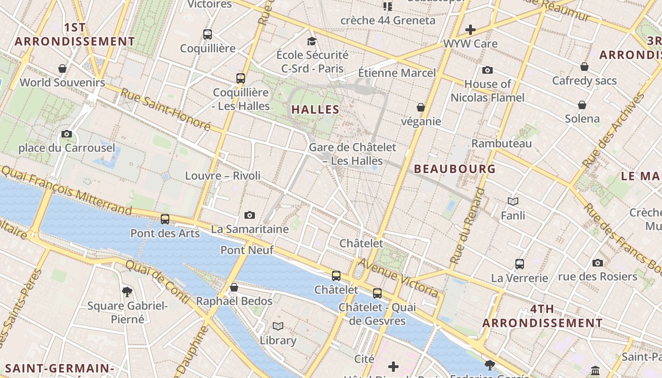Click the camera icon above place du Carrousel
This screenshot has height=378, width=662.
[x=67, y=134]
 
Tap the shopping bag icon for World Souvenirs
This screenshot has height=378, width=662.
[x=62, y=69]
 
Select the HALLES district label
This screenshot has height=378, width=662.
[x=315, y=110]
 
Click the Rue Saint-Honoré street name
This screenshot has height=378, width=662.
[x=165, y=109]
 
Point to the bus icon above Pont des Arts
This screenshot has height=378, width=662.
[x=165, y=219]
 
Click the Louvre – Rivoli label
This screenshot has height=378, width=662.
[x=223, y=176]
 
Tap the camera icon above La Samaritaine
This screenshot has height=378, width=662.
[x=250, y=215]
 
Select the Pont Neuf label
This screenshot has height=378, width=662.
[x=247, y=250]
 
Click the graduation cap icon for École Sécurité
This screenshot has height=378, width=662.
[x=312, y=41]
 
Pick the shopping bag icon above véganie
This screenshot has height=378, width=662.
[x=420, y=108]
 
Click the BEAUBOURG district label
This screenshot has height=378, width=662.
[x=455, y=169]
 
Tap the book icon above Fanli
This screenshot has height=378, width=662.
[x=513, y=202]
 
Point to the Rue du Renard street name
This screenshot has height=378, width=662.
[x=468, y=226]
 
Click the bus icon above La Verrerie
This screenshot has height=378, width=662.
[x=520, y=264]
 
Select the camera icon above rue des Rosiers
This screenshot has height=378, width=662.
[x=598, y=263]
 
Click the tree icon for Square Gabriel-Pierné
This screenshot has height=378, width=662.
[x=127, y=292]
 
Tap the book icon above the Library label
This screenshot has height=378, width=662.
[x=278, y=326]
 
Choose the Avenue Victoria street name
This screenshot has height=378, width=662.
[x=398, y=278]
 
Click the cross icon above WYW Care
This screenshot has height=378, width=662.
[x=470, y=30]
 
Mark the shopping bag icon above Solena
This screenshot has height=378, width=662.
[x=582, y=105]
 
